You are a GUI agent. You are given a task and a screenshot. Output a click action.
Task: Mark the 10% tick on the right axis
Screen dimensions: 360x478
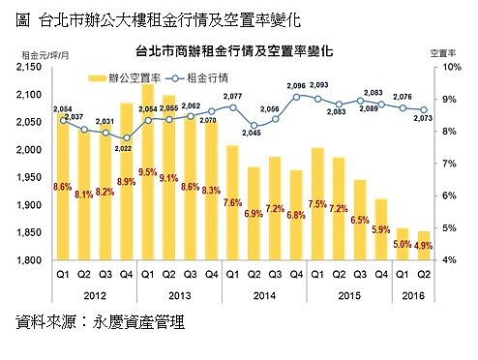tap(449, 68)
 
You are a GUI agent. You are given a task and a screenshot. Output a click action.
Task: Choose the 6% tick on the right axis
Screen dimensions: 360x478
tap(449, 195)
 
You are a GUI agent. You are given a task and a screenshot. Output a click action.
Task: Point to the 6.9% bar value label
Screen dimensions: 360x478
tap(254, 212)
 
